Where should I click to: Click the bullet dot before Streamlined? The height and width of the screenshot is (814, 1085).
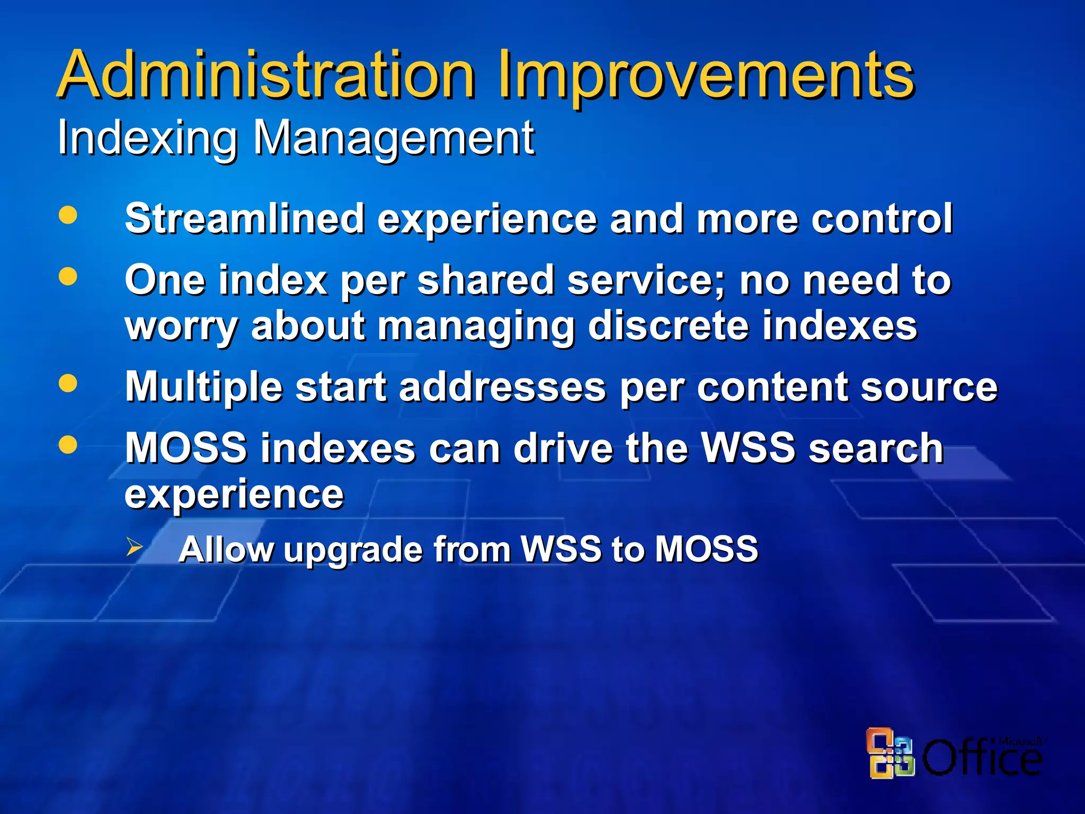(x=68, y=215)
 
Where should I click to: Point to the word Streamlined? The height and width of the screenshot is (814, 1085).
(x=244, y=218)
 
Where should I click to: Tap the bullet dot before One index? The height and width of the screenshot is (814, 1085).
(x=68, y=276)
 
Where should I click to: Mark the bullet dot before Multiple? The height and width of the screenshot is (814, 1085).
(x=68, y=383)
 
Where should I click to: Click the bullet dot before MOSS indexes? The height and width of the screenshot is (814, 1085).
(x=68, y=445)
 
